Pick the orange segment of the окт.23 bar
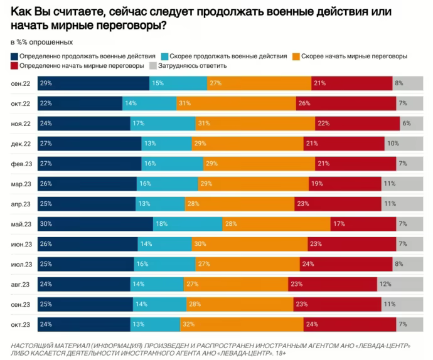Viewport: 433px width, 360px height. pos(242,324)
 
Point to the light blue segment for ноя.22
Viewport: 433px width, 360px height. pos(163,124)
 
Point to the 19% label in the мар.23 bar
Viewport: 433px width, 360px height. pos(316,184)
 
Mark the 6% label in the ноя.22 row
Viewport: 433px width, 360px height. pos(407,124)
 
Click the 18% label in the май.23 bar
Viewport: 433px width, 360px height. pos(162,224)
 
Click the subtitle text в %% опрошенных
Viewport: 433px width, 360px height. pos(41,42)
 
